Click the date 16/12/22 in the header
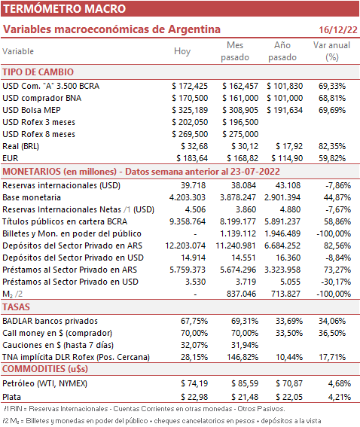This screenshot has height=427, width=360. click(x=338, y=29)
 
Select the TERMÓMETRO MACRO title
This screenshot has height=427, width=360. click(x=64, y=9)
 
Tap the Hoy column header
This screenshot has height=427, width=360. click(x=182, y=51)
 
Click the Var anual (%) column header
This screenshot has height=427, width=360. click(x=331, y=51)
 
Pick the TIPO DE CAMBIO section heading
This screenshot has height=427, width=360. click(x=38, y=72)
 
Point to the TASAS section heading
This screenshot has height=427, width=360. click(x=16, y=307)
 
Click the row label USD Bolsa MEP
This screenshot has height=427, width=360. click(x=32, y=110)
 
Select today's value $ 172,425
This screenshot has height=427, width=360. click(x=190, y=86)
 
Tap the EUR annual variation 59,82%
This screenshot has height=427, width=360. click(x=332, y=158)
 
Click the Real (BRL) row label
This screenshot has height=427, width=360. click(x=20, y=146)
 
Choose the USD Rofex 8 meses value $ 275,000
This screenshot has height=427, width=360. click(x=240, y=134)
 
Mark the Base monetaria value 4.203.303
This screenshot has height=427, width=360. click(x=188, y=197)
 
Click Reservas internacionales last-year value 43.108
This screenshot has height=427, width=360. click(x=288, y=185)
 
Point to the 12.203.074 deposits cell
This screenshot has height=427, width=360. click(x=185, y=246)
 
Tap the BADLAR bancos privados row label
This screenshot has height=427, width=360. click(x=50, y=321)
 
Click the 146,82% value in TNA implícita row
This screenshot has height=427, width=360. click(x=243, y=357)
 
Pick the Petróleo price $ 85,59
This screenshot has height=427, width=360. click(x=245, y=383)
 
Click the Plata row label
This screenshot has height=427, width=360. click(x=12, y=397)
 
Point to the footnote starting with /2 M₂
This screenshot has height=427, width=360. click(x=163, y=421)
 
